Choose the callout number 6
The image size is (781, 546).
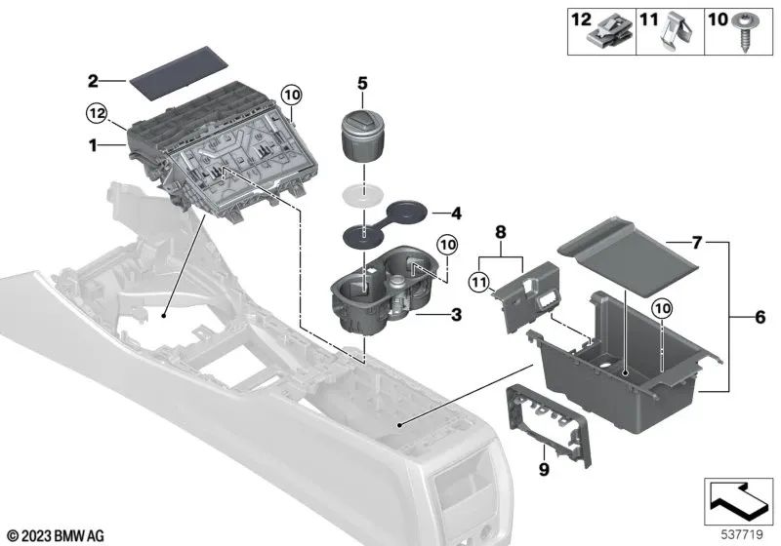(760, 316)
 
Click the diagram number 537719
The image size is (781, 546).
(743, 534)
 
